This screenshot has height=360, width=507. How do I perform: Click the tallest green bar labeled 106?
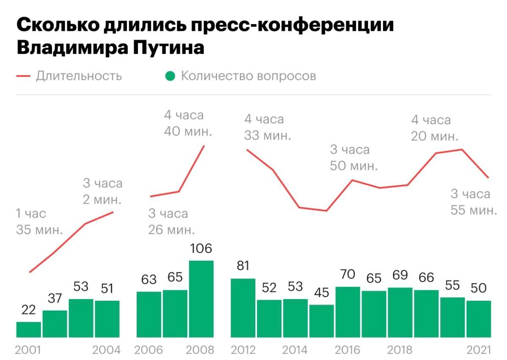point(201,299)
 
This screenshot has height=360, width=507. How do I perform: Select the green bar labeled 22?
point(29,330)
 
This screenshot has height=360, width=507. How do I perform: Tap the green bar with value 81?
point(244,308)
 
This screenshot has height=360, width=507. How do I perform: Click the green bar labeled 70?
point(348,312)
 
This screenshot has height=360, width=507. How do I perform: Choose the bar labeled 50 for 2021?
point(478,319)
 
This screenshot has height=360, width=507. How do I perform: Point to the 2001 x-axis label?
point(28,350)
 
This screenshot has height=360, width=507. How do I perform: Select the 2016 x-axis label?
point(348,350)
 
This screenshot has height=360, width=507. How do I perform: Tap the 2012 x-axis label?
point(244,350)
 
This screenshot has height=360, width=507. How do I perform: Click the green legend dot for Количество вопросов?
point(170,76)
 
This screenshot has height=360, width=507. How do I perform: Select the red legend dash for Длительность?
point(24,76)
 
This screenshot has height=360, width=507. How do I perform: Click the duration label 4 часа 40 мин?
point(188,123)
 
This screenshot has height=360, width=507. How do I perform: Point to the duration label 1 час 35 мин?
point(39,222)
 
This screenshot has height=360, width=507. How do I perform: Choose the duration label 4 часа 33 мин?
point(267,127)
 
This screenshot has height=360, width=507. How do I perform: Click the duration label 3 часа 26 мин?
point(171,221)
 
